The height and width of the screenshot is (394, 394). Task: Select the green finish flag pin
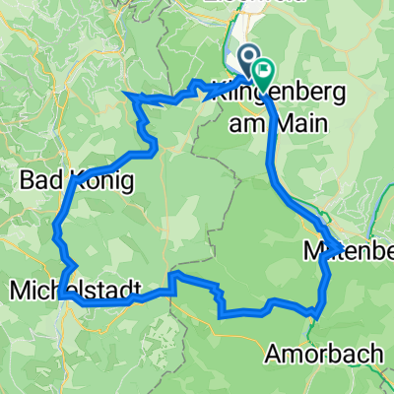click(263, 71)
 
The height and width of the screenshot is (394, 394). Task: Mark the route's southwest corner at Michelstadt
click(58, 295)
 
